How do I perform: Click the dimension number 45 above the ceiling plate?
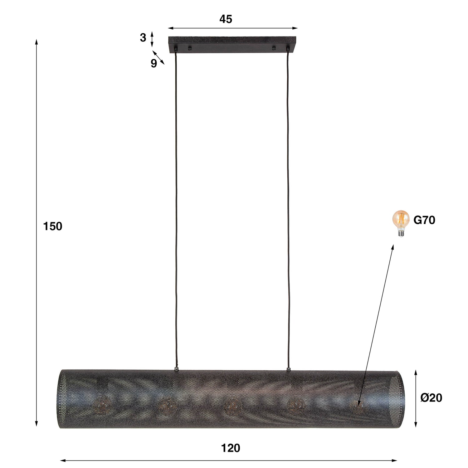click(x=226, y=19)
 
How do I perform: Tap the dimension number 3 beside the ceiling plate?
click(x=143, y=38)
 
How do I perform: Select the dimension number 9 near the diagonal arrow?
click(x=154, y=64)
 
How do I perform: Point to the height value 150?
click(x=52, y=227)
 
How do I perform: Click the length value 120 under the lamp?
click(x=231, y=448)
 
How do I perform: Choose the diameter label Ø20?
click(x=431, y=398)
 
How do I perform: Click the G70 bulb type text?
click(x=424, y=220)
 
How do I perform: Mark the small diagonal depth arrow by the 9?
click(x=158, y=57)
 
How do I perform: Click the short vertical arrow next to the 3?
click(x=152, y=39)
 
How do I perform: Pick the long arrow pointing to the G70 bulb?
click(x=376, y=324)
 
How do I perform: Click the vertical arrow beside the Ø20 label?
click(x=416, y=398)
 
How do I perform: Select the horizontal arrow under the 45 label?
click(x=233, y=28)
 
